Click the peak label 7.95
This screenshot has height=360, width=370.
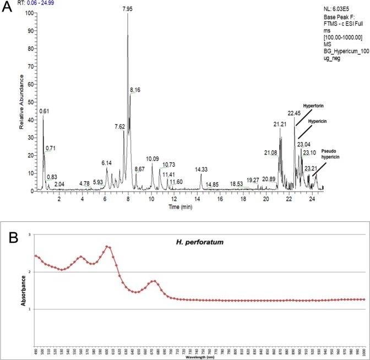(x=128, y=9)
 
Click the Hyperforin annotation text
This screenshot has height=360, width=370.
(x=314, y=105)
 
